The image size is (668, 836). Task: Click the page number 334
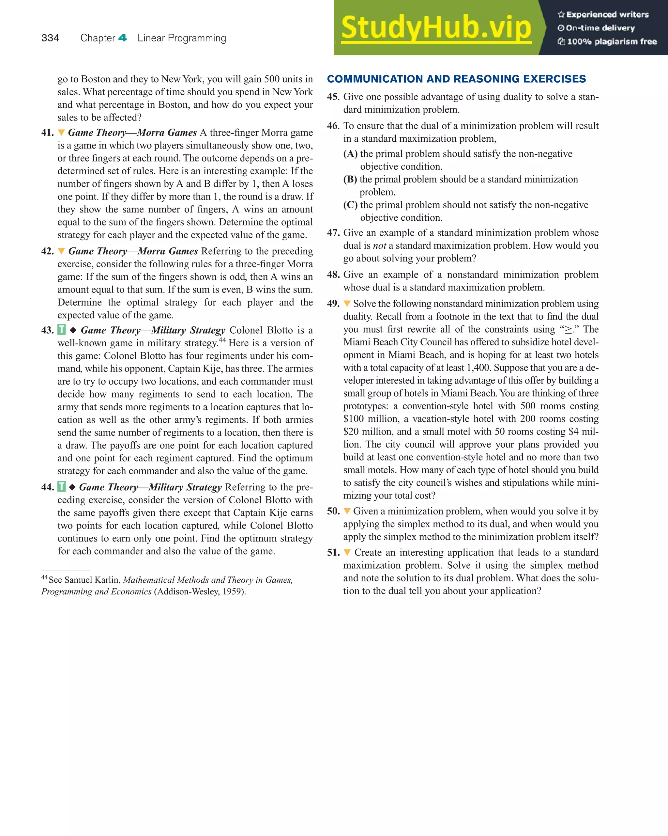50,38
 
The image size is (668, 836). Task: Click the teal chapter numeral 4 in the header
122,38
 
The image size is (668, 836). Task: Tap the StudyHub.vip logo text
436,28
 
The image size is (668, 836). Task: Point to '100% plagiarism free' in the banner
612,41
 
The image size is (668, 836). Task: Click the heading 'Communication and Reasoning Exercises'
456,79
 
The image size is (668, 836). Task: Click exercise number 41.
47,133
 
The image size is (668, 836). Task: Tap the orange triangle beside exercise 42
61,251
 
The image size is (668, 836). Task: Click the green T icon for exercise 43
62,330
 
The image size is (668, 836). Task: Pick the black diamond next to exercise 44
72,487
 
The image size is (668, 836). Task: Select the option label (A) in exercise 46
350,154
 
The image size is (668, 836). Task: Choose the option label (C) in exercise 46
350,205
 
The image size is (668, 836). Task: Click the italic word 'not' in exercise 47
379,246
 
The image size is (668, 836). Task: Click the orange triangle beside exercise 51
347,553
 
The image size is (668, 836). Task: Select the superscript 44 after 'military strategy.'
222,340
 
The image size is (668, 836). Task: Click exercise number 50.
333,512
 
